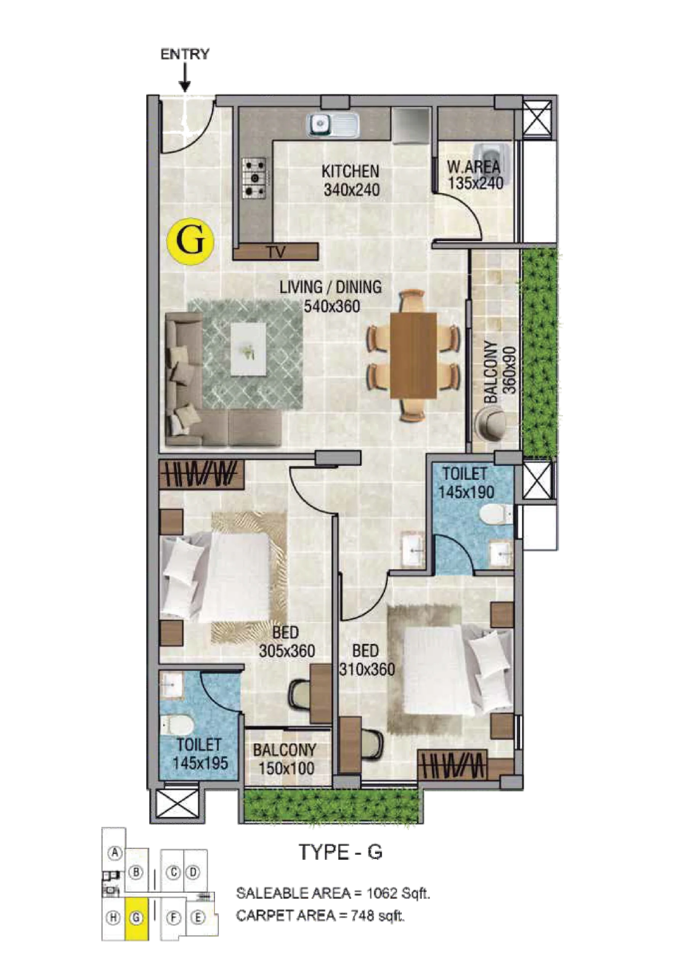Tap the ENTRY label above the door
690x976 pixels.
(184, 55)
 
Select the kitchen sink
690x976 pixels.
(333, 125)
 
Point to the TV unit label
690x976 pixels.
(276, 252)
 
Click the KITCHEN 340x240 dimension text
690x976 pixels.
(351, 189)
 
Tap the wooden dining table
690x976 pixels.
(413, 355)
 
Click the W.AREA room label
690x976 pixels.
(473, 167)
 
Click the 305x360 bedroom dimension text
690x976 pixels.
(287, 651)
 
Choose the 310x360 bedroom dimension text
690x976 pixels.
(367, 669)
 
